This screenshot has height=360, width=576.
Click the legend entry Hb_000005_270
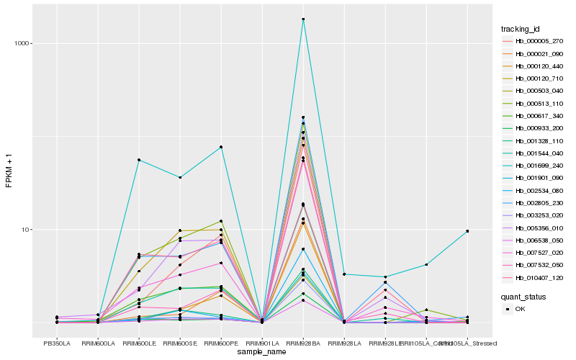[x=534, y=41]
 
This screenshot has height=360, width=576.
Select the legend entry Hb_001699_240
[x=534, y=166]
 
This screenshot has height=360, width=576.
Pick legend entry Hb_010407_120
[x=534, y=277]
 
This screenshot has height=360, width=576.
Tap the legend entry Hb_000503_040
[x=534, y=91]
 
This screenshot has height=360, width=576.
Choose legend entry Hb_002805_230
[x=534, y=203]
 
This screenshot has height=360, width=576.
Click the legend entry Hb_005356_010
[x=534, y=228]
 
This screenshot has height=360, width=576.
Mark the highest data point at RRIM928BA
[x=303, y=19]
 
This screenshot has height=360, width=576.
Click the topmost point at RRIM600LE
[x=139, y=160]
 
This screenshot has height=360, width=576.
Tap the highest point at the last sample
[x=467, y=231]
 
